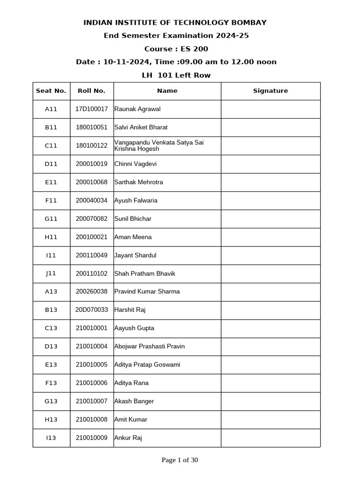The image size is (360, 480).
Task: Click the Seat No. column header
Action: (x=51, y=91)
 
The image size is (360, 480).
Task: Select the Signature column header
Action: (x=270, y=91)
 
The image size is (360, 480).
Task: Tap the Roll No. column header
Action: (x=92, y=91)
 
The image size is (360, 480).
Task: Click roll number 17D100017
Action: (x=92, y=109)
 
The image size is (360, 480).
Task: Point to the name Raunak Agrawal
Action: (x=137, y=109)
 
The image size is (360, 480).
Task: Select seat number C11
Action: (x=51, y=146)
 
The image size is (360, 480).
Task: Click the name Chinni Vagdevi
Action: (x=135, y=164)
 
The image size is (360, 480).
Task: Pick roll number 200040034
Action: (x=92, y=201)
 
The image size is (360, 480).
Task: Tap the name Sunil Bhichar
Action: (x=133, y=219)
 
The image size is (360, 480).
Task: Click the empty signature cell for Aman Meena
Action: (x=270, y=237)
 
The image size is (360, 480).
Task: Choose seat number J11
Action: (x=51, y=273)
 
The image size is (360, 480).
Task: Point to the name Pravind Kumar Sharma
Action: (x=147, y=292)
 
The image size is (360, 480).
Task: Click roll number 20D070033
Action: (x=92, y=310)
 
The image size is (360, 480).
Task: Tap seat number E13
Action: (x=51, y=365)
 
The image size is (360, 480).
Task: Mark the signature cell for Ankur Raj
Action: (x=270, y=438)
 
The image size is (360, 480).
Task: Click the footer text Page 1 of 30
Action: (x=180, y=460)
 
